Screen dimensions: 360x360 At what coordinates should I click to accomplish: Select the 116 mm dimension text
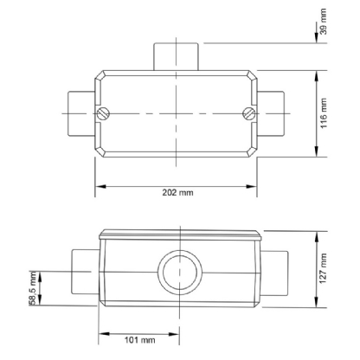point(323,112)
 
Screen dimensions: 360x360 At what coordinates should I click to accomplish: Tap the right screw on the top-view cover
point(248,113)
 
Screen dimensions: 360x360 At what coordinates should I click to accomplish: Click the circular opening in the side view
point(177,272)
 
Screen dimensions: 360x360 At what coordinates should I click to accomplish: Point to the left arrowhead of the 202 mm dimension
point(99,185)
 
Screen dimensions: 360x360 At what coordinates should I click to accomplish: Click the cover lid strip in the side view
point(177,235)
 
